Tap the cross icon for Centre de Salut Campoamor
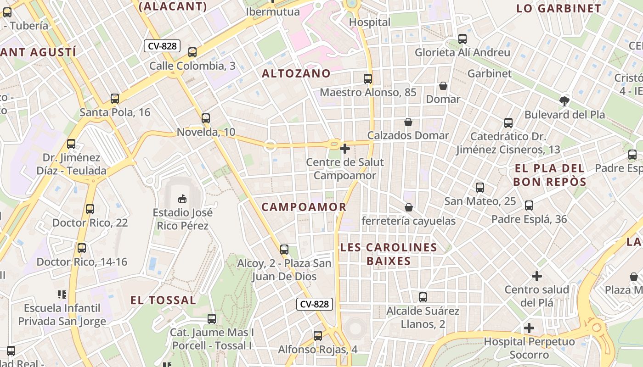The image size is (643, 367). point(345,148)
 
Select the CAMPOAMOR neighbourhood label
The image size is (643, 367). point(304,207)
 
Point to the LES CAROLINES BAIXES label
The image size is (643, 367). point(389,254)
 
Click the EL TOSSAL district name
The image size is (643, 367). point(164,300)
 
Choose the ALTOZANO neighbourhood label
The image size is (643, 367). point(296,73)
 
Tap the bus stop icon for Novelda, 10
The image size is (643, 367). point(206,118)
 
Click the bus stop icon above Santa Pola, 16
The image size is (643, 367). point(115,98)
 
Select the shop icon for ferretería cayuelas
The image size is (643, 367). point(409,207)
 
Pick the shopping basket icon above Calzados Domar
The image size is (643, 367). point(408,122)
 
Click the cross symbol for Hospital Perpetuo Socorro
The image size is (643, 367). point(529,328)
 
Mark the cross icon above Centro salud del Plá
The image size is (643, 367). point(537,276)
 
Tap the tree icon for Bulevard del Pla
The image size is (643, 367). point(564,101)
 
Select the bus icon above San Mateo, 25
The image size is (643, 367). point(480,187)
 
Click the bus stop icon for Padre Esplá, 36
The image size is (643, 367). point(529,205)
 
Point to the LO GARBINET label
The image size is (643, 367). point(558,8)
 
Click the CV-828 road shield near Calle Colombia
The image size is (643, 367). point(162,46)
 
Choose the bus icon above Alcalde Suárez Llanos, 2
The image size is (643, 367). point(423,297)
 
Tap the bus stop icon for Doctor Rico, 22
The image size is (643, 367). point(90,209)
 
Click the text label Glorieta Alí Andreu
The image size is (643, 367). point(462,52)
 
